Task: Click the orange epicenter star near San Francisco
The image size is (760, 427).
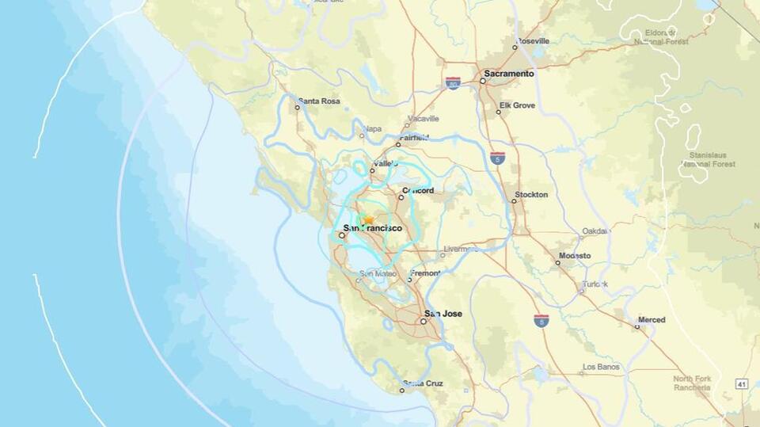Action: [367, 219]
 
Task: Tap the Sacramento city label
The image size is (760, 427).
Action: [509, 74]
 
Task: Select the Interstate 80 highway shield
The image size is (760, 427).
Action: [453, 83]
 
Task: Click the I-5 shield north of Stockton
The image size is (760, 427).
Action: [497, 158]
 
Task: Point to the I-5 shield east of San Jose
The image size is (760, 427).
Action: [541, 320]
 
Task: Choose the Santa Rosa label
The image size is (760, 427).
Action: [318, 101]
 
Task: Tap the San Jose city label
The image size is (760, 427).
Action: [443, 314]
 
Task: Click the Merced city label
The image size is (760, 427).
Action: [652, 320]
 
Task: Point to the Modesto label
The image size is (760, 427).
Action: [574, 256]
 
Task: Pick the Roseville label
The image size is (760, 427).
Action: [538, 41]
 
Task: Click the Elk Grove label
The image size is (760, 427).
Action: [517, 105]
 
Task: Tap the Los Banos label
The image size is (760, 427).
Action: [599, 368]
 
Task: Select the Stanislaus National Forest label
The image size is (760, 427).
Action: [708, 159]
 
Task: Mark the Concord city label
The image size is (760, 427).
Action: [418, 191]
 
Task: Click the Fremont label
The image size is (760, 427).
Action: [425, 273]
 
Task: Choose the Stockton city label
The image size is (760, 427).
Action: [530, 195]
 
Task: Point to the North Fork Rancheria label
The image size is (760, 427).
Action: [692, 383]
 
